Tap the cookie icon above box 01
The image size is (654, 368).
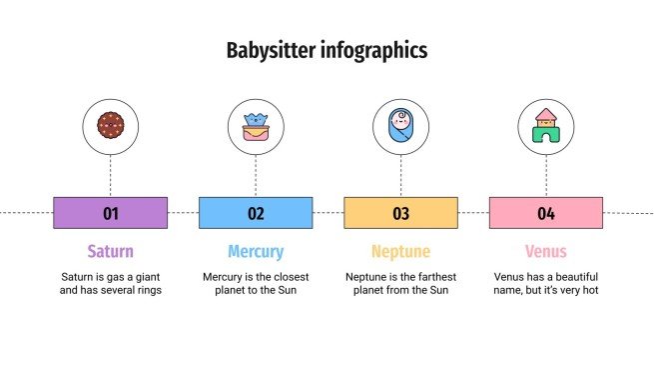tap(110, 126)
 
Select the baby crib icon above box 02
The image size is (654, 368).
tap(256, 126)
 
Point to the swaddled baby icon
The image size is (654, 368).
tap(400, 126)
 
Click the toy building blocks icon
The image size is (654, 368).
tap(546, 126)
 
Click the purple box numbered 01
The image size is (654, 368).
tap(110, 213)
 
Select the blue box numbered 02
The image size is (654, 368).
tap(256, 213)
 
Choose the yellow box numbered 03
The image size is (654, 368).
tap(400, 213)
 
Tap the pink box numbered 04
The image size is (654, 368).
tap(546, 213)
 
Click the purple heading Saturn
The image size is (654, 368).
tap(110, 251)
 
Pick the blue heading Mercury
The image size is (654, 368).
tap(256, 251)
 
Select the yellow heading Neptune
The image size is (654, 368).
tap(400, 251)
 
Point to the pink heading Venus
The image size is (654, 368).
tap(546, 251)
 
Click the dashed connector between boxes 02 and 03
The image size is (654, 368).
tap(328, 213)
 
